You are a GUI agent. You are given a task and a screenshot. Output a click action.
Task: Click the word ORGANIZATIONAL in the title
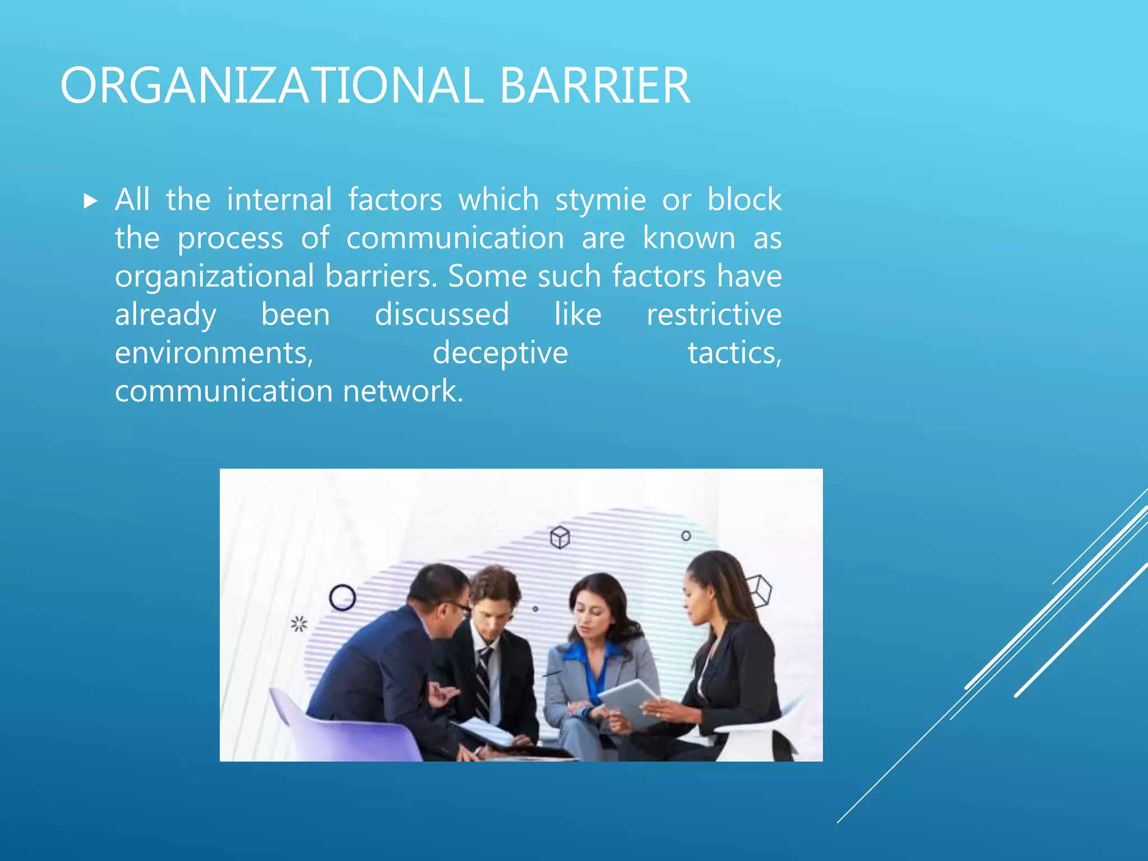coord(272,86)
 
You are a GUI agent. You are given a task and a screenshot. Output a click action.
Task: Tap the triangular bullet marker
coord(90,201)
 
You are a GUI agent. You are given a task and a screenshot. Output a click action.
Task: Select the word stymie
coord(600,200)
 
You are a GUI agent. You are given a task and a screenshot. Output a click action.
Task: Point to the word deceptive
coord(500,353)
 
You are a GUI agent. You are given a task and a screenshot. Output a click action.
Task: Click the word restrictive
coord(714,314)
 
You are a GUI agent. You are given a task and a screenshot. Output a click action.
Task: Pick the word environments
coord(214,353)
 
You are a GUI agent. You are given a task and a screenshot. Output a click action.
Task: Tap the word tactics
coord(734,353)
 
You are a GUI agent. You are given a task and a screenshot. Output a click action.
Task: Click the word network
coord(402,391)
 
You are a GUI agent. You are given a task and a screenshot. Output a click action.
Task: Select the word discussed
coord(442,314)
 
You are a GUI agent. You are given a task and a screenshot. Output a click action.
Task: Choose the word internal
coord(279,200)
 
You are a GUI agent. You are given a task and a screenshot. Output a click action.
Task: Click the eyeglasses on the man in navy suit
coord(460,607)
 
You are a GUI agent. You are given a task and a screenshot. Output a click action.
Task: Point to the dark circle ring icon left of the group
coord(342,598)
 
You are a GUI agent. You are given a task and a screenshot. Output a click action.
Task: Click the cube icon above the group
coord(560,538)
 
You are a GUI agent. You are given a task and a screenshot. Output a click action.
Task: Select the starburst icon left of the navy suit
coord(299,623)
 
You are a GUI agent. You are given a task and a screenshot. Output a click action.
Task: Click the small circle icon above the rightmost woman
coord(686,536)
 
